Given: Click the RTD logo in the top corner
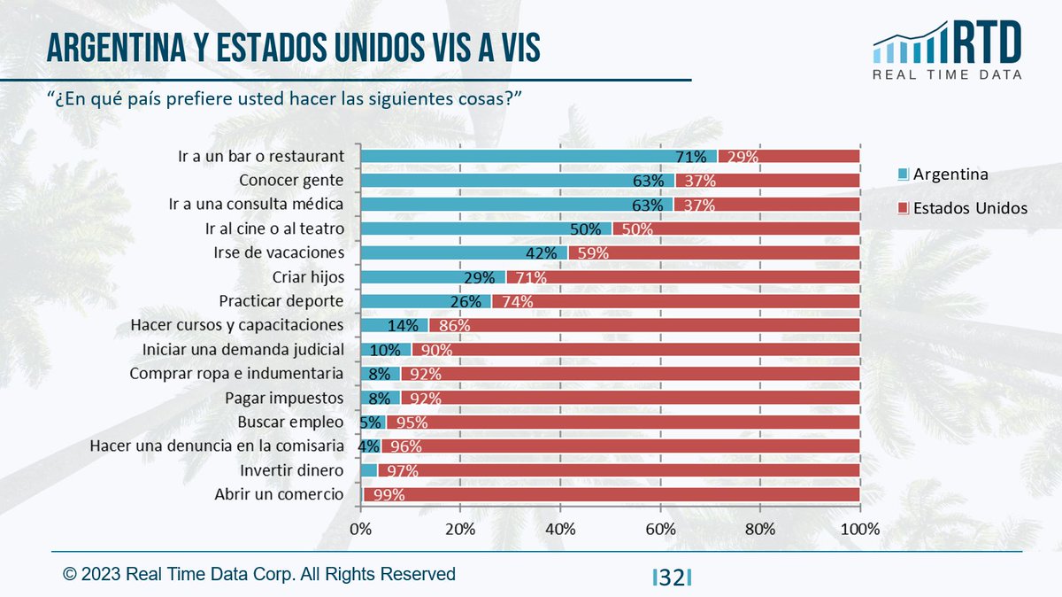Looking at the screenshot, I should click(947, 50).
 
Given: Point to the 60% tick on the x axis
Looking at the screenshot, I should click(660, 530).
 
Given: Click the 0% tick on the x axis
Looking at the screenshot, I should click(361, 530).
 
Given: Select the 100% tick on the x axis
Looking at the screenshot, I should click(859, 530).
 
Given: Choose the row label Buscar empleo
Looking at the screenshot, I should click(290, 421).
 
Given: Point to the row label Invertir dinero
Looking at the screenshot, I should click(291, 469).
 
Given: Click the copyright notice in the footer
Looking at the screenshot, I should click(258, 574).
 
